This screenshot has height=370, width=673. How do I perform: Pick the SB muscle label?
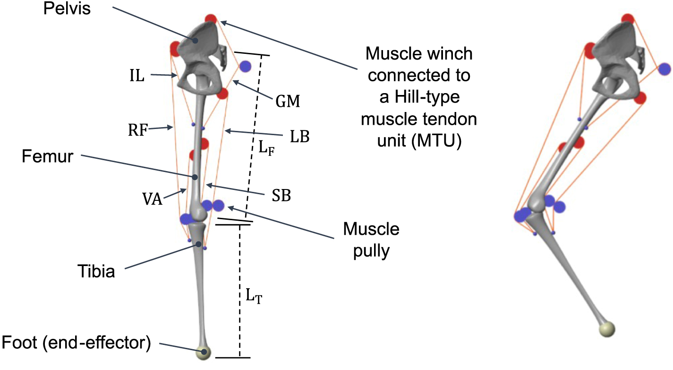pos(281,196)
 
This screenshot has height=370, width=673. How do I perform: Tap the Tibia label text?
pos(96,272)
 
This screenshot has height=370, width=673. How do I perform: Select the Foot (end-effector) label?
pos(77,344)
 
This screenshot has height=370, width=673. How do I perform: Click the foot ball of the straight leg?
pos(204,352)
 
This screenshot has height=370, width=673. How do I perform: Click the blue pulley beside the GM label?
pos(245,67)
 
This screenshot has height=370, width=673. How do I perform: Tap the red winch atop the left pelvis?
pos(211,19)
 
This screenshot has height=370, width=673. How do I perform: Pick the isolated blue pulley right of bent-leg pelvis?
pos(664,69)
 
